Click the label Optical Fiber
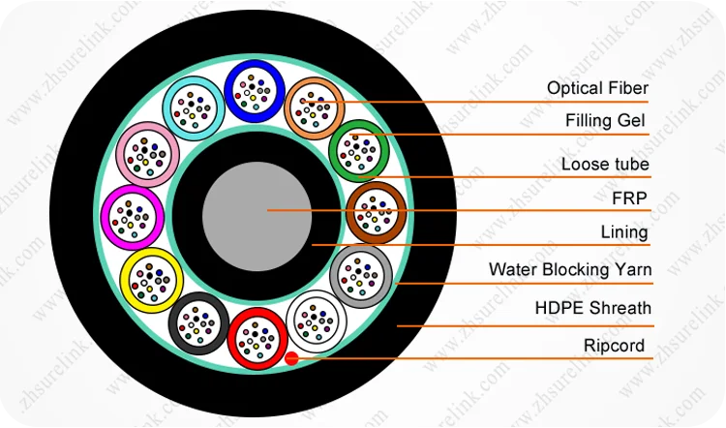tap(597, 88)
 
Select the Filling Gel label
tap(605, 120)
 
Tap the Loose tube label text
tap(605, 164)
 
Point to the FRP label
tap(629, 199)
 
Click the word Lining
tap(624, 232)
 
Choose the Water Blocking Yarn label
tap(570, 269)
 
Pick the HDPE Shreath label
tap(592, 308)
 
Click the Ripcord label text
tap(614, 346)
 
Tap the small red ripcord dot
tap(291, 358)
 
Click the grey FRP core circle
tap(257, 216)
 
